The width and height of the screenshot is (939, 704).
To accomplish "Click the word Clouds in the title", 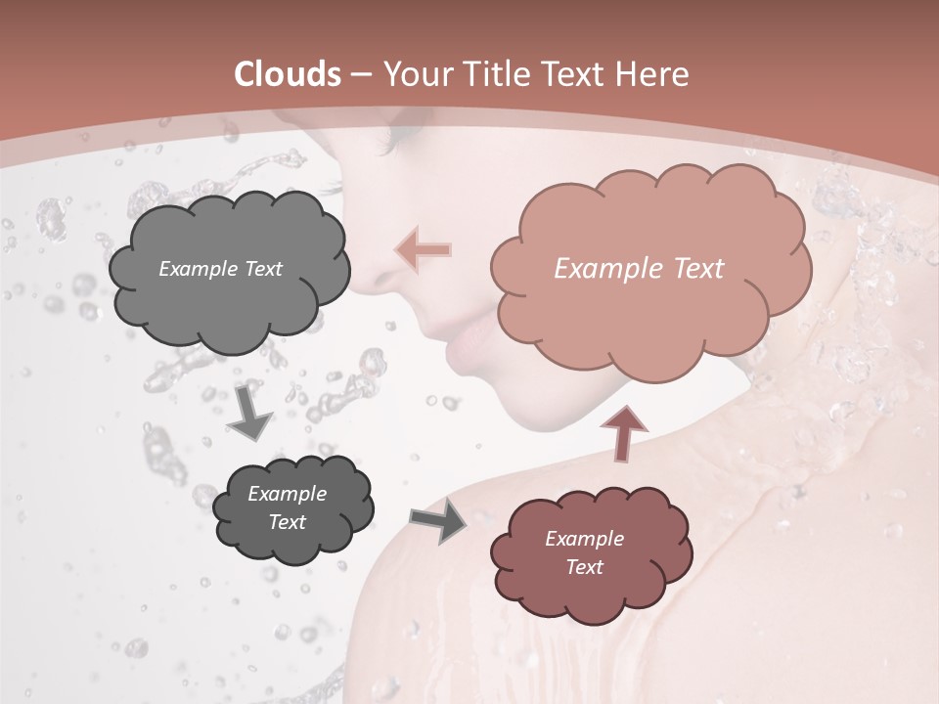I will coord(288,74).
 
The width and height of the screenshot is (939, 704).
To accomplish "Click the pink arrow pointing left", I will coord(424,249).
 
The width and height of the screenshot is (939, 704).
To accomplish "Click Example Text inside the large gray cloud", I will coord(220,269).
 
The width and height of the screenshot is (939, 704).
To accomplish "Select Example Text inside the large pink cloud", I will coord(639,269).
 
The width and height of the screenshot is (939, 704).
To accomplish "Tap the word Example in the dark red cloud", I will coord(584,539).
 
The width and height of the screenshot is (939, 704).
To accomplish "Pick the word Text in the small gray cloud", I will coord(287,522).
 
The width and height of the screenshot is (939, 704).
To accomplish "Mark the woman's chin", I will coord(528,411).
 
